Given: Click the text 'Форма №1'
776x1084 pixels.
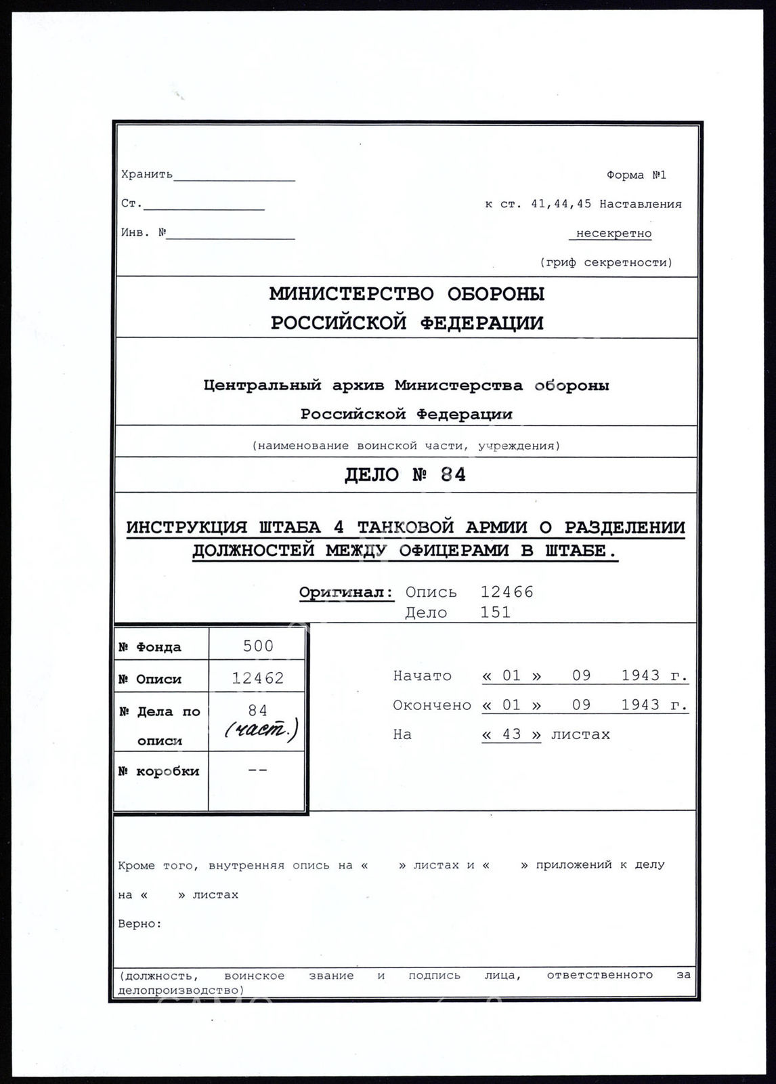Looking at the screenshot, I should point(636,175).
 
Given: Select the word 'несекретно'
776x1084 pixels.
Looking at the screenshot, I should point(613,233).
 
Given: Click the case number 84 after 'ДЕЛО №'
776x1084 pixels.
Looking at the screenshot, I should point(453,475).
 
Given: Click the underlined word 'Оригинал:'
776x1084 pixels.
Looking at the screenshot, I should point(346,592).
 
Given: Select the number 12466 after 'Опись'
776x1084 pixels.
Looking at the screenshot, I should point(506,592).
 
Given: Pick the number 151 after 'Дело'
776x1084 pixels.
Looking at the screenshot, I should point(495,612).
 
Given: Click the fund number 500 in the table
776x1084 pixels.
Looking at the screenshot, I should point(258,646).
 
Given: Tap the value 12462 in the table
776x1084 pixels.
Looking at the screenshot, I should point(258,677).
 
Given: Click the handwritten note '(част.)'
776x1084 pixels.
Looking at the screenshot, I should point(261,730).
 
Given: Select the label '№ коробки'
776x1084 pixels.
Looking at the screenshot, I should point(158,771).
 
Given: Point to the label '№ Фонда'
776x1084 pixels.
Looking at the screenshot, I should point(150,647).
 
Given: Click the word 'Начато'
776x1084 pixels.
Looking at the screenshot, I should point(422,675).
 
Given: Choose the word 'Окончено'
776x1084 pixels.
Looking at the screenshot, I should point(431,705).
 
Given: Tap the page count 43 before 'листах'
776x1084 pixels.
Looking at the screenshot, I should point(511,734).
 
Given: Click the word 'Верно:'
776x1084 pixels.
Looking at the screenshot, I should point(140,923).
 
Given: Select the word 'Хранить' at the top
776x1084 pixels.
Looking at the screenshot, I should point(147,175).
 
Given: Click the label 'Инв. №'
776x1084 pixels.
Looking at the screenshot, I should point(144,233).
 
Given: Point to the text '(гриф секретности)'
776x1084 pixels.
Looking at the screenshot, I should point(606,262).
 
